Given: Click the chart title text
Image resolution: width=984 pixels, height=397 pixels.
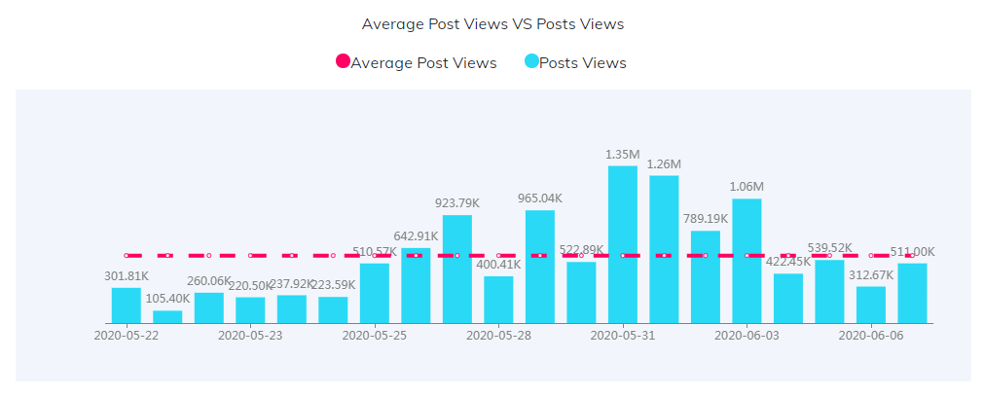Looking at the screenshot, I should coord(492,23).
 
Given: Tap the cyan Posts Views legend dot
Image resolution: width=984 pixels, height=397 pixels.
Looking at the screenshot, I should coord(531,61).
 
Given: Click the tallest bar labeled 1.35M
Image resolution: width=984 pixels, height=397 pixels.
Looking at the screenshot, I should coord(623,243).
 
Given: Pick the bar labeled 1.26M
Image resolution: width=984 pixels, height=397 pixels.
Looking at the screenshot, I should coord(664,248).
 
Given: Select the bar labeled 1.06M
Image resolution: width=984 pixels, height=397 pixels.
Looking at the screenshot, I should coord(747,260).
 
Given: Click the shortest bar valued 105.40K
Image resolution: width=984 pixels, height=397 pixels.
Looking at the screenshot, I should coord(167,316).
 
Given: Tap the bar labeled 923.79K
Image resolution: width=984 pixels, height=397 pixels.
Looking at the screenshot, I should coord(457,269).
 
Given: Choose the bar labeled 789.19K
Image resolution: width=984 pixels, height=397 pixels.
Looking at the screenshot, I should coord(706,276).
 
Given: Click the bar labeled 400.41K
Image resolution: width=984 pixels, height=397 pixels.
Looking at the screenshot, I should coord(498,299).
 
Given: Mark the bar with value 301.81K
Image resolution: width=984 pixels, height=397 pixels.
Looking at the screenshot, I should coord(127,305).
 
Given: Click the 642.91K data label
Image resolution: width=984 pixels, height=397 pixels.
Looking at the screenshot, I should coord(416,235).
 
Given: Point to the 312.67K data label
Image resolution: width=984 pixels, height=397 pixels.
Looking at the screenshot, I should coord(871,274).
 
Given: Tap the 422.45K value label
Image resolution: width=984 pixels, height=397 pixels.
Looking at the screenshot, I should coord(788,262).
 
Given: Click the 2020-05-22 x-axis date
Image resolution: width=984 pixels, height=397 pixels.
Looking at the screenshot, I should coord(127,336).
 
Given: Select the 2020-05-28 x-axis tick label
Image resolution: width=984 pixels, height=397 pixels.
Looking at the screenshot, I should coord(498,336).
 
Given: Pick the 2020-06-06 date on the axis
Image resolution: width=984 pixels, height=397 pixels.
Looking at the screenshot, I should coord(871,336).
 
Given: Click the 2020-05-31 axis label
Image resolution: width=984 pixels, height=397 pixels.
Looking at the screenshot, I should coord(623,336).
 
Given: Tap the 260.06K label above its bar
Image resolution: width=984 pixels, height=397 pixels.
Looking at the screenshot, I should coord(209,281).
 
